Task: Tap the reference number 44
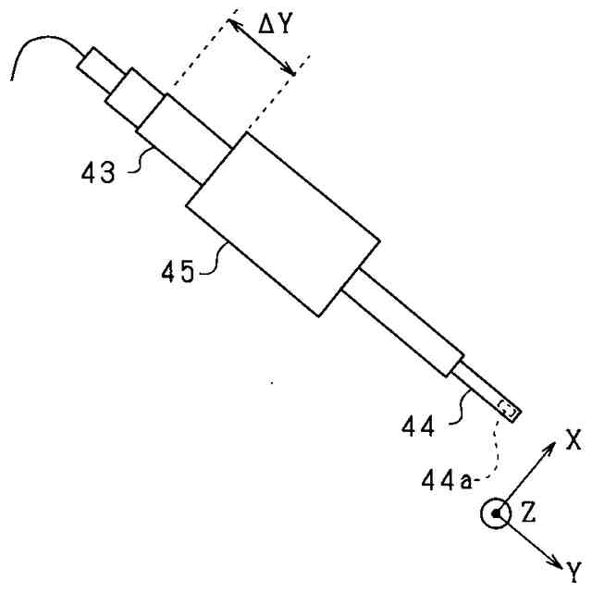click(x=419, y=426)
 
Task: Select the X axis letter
click(x=574, y=440)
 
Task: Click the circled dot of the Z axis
click(x=497, y=514)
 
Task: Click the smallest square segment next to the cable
click(x=94, y=66)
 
